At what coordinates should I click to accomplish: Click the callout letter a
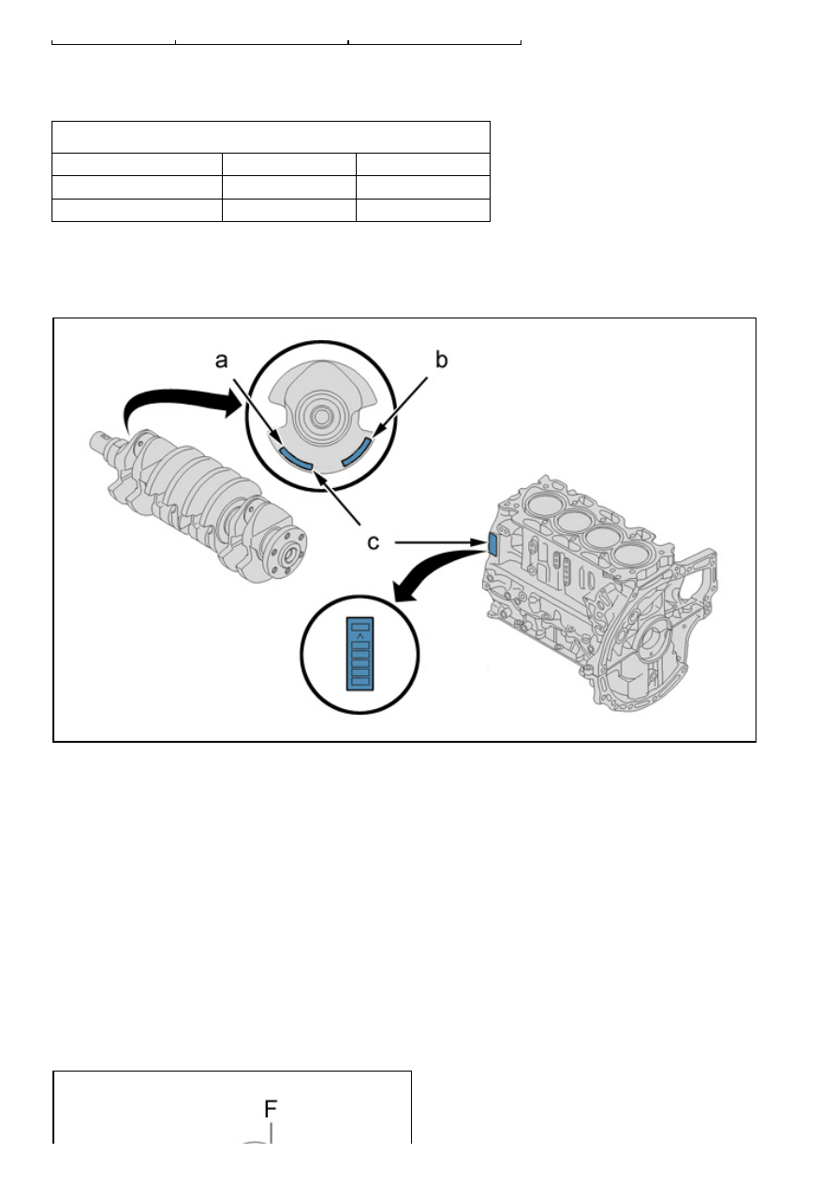tap(222, 361)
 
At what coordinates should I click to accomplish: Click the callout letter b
tap(441, 360)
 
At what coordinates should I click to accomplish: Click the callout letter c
tap(374, 542)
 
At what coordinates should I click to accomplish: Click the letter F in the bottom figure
tap(271, 1108)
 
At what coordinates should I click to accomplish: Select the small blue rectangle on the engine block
tap(492, 544)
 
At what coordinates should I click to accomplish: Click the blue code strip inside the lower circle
tap(360, 654)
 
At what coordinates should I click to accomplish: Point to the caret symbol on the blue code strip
tap(360, 636)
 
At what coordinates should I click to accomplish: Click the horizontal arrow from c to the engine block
tap(440, 542)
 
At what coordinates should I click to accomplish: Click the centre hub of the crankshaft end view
tap(320, 417)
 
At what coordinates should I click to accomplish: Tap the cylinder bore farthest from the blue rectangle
tap(632, 555)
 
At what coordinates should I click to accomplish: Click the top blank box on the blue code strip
tap(360, 627)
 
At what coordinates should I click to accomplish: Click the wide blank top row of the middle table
tap(271, 138)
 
